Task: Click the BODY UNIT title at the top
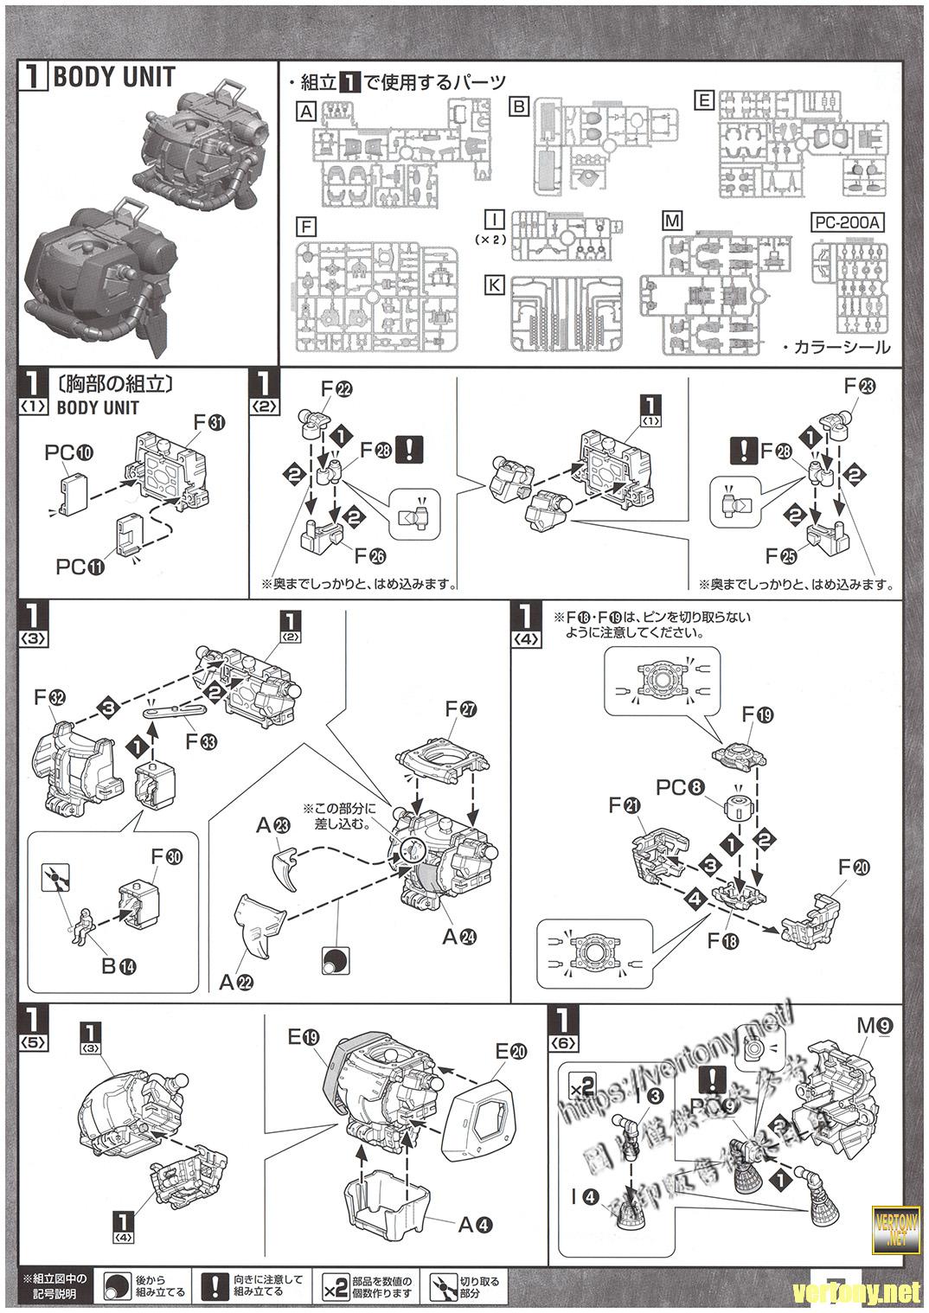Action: tap(113, 77)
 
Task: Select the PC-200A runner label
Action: tap(847, 222)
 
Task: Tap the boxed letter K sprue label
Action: tap(495, 284)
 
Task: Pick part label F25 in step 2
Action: tap(781, 555)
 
